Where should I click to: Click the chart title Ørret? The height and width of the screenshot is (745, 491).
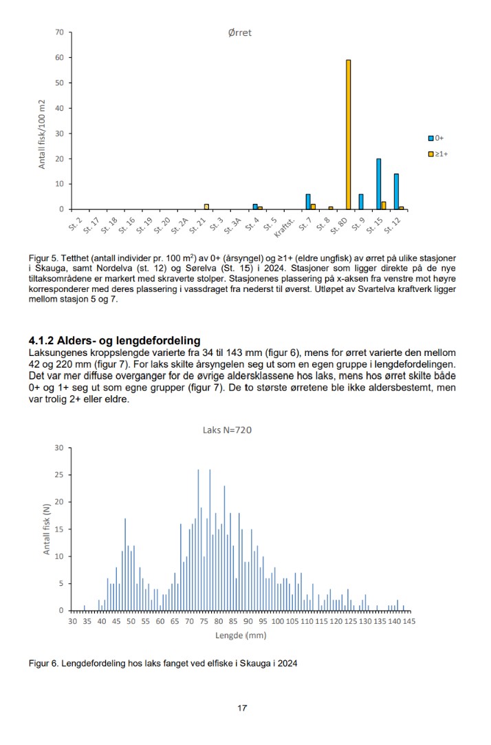tap(240, 32)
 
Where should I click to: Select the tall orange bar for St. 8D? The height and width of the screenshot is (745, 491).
tap(348, 134)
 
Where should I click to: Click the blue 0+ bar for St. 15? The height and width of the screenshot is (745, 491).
tap(378, 184)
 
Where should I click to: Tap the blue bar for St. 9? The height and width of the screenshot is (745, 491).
tap(360, 202)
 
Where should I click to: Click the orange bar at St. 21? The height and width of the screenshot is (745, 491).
tap(206, 207)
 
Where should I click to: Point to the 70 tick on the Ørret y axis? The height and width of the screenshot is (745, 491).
tap(60, 32)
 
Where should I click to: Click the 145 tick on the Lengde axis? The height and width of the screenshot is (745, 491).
tap(409, 621)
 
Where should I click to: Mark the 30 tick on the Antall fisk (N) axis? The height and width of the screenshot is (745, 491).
tap(58, 448)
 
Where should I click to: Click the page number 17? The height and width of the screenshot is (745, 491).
tap(242, 709)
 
